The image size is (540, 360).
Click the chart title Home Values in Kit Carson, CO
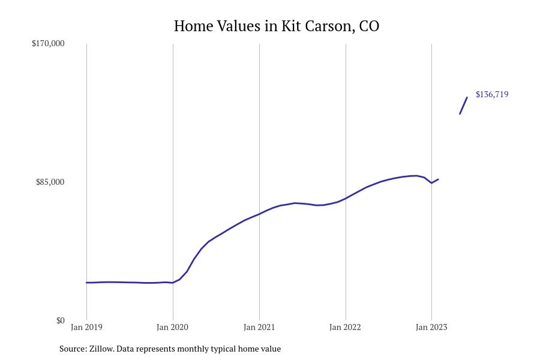coord(276,26)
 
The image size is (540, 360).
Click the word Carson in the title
coord(331,26)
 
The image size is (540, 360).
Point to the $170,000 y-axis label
coord(48,43)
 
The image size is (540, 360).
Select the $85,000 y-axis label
coord(50,182)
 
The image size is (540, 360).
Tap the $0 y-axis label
coord(60,320)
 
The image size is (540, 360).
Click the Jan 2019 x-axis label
coord(86,328)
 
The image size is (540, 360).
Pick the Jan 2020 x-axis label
coord(172,328)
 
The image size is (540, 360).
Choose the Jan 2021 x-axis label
coord(259,328)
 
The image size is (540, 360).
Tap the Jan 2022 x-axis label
coord(345,328)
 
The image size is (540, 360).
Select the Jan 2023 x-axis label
coord(431,328)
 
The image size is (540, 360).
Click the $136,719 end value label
coord(492,94)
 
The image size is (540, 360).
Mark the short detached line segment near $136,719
coord(463,106)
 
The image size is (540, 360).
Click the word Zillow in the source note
coord(101,349)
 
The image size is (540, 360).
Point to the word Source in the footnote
coord(72,349)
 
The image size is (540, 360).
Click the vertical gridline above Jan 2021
coord(259,120)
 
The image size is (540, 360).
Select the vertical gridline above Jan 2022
coord(346,120)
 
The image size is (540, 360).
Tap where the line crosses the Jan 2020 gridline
coord(173,283)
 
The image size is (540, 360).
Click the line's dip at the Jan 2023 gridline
coord(431,183)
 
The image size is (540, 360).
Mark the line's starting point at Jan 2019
coord(86,283)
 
